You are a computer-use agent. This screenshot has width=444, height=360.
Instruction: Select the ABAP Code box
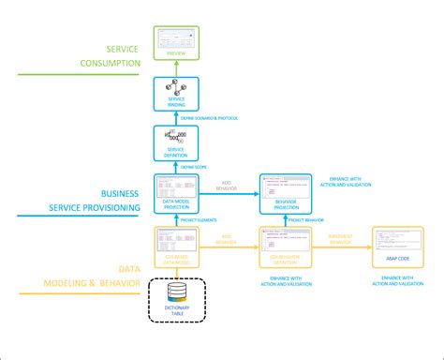tap(396, 247)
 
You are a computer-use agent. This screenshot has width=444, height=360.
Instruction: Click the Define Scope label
tap(207, 167)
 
